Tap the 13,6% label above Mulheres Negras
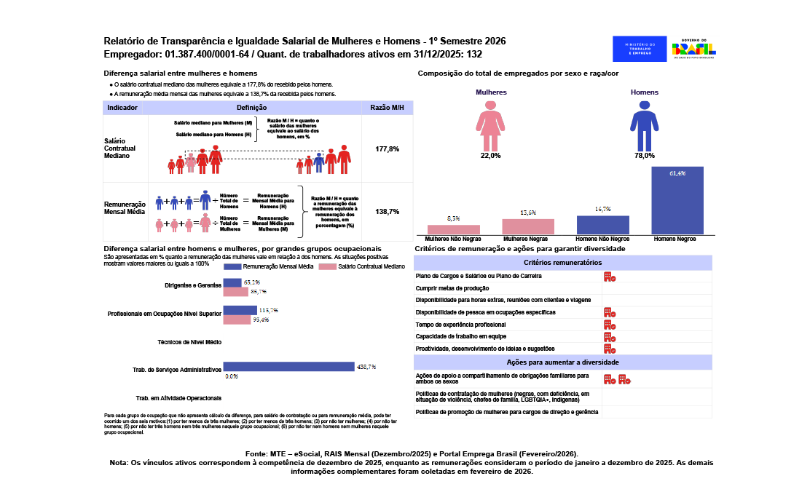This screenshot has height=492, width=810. (528, 213)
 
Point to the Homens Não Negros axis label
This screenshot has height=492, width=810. (602, 239)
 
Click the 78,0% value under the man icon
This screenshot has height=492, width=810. (644, 156)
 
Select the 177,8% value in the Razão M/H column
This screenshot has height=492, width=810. (387, 148)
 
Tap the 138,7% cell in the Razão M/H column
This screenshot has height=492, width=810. (387, 211)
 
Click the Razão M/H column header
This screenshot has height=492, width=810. (387, 107)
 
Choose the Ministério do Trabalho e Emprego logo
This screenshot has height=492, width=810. (638, 49)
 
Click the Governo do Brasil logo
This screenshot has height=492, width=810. (693, 49)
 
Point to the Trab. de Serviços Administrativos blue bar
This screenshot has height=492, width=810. (288, 367)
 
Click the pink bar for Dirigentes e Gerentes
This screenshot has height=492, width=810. (236, 292)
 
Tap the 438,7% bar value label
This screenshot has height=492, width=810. (366, 367)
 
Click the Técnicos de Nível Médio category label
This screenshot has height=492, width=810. (189, 341)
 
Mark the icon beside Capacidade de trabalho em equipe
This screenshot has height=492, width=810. (610, 336)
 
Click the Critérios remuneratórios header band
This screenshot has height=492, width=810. (562, 263)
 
